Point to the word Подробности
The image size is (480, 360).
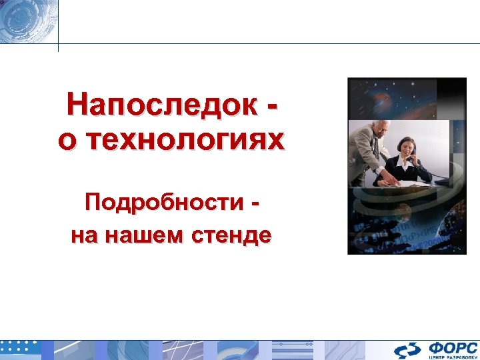[x=163, y=202]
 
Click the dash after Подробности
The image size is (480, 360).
[x=256, y=203]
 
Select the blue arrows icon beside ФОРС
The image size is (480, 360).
[x=406, y=350]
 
